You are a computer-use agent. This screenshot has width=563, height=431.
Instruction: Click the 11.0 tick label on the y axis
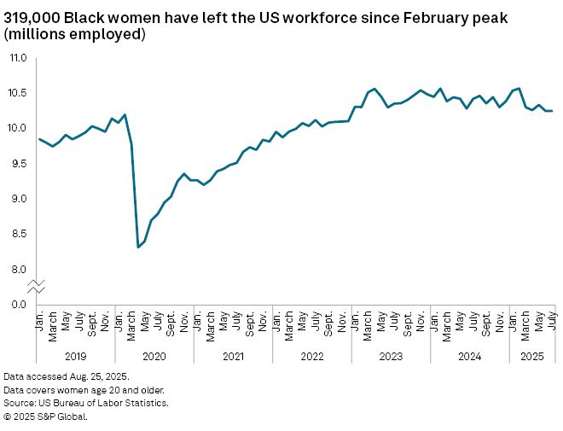coord(18,58)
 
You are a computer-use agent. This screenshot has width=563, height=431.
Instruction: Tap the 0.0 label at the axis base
coord(18,305)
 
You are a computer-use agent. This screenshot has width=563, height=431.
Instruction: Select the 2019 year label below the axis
coord(75,356)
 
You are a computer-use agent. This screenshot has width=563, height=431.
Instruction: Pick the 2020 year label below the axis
coord(154,356)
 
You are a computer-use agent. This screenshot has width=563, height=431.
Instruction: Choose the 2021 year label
coord(233,356)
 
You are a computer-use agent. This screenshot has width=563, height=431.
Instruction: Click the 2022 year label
coord(311,356)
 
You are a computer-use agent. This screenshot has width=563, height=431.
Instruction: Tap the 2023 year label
coord(391,356)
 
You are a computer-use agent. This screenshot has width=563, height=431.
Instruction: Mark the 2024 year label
coord(469,356)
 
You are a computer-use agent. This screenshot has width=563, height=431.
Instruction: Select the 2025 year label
coord(532,356)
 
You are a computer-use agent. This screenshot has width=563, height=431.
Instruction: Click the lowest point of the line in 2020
coord(138,248)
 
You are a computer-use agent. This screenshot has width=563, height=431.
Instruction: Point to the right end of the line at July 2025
coord(553,111)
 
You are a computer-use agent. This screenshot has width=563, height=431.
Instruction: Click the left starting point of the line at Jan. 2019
coord(39,139)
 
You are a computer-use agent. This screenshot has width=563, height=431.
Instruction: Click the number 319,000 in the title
coord(32,16)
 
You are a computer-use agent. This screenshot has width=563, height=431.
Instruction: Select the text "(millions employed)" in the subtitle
coord(74,35)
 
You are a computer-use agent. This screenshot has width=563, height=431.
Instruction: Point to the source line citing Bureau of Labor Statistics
coord(85,403)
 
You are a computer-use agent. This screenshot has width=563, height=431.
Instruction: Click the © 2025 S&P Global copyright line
coord(45,416)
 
